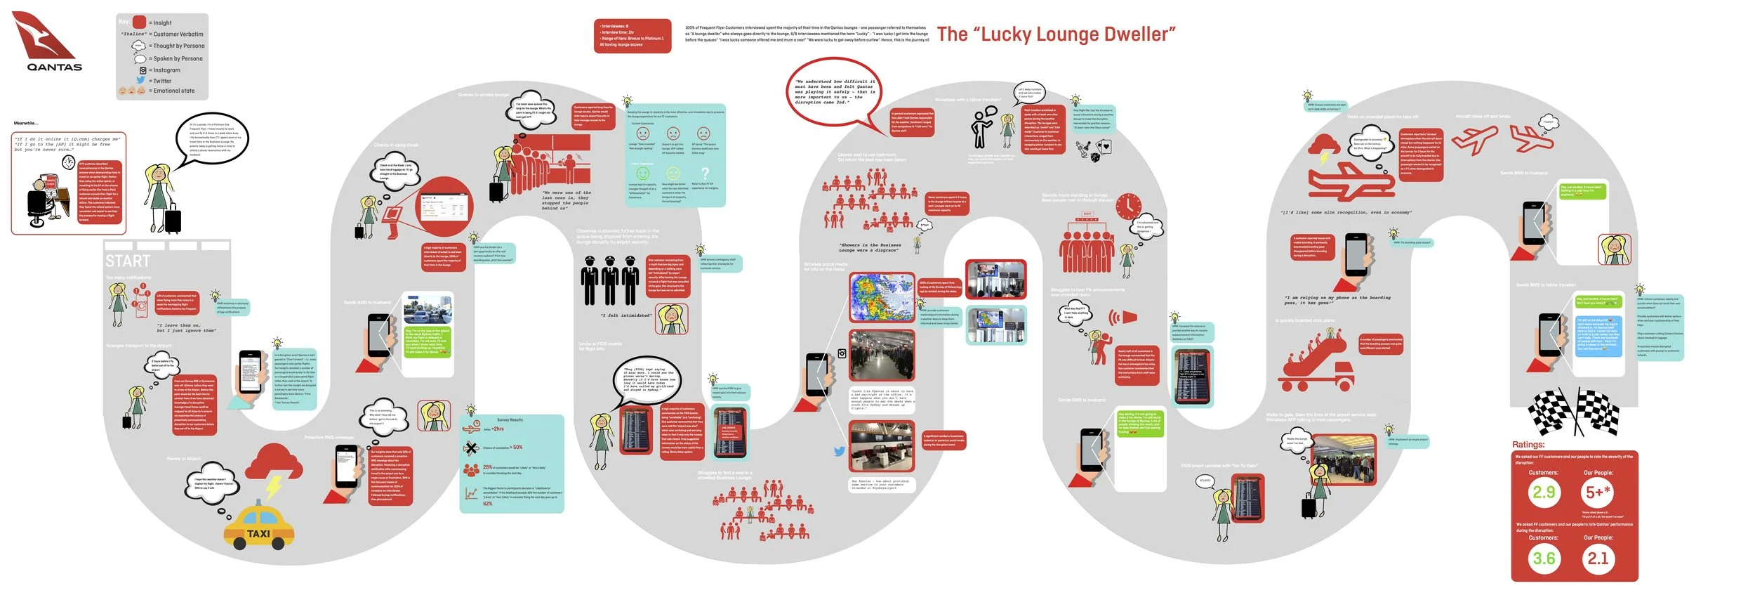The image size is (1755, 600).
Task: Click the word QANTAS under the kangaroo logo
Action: tap(54, 67)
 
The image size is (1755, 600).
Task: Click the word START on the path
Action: tap(128, 261)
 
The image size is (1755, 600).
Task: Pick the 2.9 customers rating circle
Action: tap(1543, 493)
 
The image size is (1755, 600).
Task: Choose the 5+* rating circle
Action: tap(1598, 493)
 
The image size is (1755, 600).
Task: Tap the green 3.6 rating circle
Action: tap(1543, 559)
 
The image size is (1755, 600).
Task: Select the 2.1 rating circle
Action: tap(1598, 559)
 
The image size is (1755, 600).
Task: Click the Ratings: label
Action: tap(1528, 445)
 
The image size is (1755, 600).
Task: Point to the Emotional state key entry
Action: tap(171, 91)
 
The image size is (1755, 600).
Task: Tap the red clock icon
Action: tap(1130, 206)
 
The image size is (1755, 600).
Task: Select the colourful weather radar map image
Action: tap(881, 298)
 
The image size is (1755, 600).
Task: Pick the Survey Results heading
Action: tap(510, 420)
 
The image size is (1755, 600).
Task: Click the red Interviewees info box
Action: tap(632, 36)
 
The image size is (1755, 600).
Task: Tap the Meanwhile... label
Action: tap(26, 124)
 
